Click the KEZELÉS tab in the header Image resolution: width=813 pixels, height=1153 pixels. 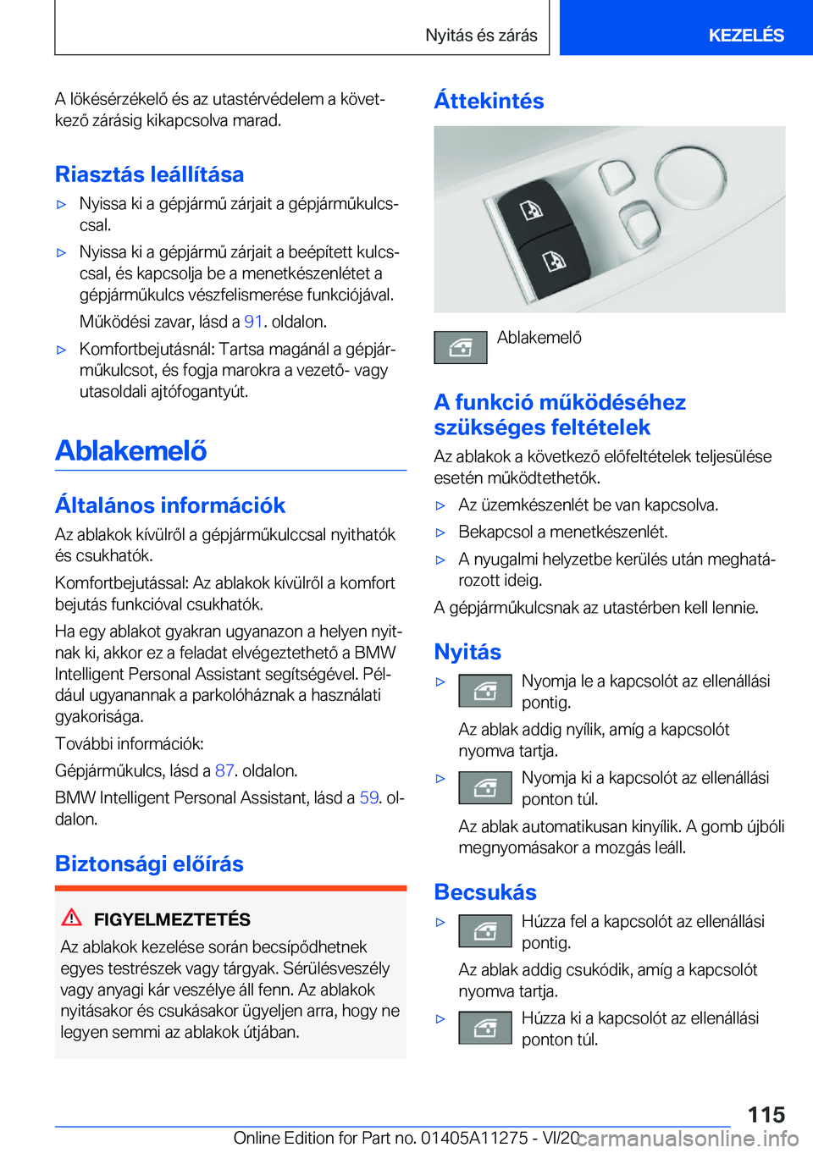[x=745, y=35]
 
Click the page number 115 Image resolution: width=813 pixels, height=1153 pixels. [x=766, y=1114]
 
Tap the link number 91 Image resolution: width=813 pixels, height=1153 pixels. [x=253, y=322]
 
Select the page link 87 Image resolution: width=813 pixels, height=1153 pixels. [x=224, y=770]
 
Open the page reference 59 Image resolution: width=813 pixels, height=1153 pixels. [x=369, y=797]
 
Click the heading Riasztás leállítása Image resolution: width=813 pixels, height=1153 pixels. [x=149, y=174]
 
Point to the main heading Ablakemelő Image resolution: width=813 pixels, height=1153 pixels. [x=131, y=450]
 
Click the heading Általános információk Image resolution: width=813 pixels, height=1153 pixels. [x=170, y=505]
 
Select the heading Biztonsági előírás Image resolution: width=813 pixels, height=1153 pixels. [x=149, y=863]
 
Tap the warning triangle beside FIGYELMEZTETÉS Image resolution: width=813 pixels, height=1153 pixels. [x=72, y=917]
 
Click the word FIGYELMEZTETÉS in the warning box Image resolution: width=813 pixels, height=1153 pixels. [x=172, y=919]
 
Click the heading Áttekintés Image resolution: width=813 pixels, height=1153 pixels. [x=489, y=101]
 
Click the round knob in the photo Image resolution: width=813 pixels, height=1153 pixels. [x=690, y=176]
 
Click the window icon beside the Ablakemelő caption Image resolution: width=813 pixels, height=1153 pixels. [x=461, y=347]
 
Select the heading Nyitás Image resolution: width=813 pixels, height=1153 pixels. [x=467, y=652]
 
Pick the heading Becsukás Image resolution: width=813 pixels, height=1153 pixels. [x=485, y=892]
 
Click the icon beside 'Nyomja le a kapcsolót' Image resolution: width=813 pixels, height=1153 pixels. [x=485, y=691]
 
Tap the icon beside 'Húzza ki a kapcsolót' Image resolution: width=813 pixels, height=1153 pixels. [x=485, y=1028]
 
